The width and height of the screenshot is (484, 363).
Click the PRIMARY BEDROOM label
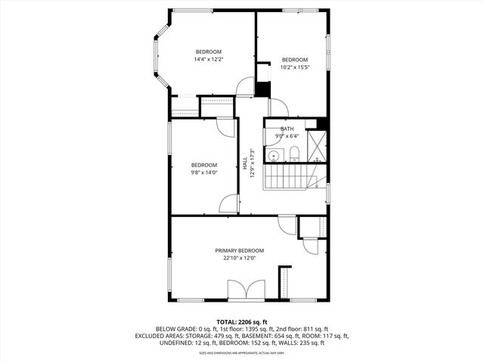tap(240, 250)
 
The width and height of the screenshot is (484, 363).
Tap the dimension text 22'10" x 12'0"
tap(240, 258)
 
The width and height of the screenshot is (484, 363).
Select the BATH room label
tap(287, 129)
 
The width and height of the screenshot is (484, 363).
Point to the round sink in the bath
tap(276, 157)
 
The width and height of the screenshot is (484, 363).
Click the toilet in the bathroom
tap(294, 156)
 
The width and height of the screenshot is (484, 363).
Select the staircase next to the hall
tap(287, 177)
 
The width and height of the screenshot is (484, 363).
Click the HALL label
tap(245, 163)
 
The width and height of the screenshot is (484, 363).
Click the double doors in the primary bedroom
tap(246, 290)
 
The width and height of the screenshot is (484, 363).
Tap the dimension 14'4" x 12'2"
tap(209, 59)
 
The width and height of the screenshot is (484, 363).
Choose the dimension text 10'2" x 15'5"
tap(295, 67)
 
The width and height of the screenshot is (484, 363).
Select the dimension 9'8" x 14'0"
tap(203, 172)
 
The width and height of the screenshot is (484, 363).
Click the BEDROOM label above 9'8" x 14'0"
tap(203, 165)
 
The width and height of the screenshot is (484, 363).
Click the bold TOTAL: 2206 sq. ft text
tap(241, 321)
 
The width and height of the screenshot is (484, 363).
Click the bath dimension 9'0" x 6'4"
tap(287, 136)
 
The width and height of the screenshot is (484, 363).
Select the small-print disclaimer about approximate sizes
tap(241, 352)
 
